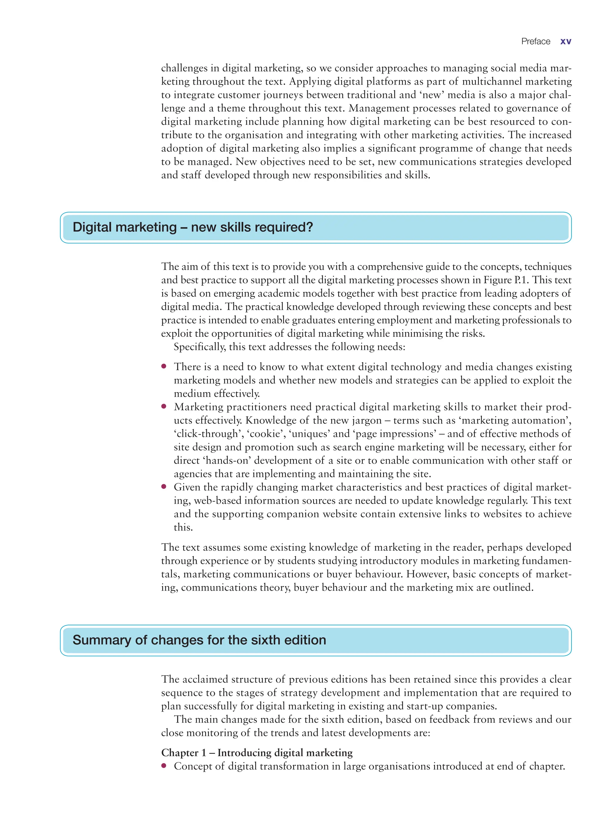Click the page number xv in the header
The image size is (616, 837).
click(x=565, y=42)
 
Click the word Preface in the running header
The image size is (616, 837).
click(x=535, y=42)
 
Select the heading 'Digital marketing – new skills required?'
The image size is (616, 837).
click(x=193, y=227)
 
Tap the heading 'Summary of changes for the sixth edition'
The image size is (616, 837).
click(x=199, y=640)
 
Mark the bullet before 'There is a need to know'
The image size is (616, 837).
click(x=164, y=366)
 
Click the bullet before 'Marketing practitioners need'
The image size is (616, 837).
click(x=164, y=406)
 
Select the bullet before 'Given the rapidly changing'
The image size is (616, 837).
click(x=164, y=487)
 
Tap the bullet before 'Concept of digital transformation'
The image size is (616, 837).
click(x=164, y=766)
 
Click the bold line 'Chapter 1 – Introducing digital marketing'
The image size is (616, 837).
click(x=257, y=753)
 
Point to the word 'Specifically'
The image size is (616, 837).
click(x=199, y=347)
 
